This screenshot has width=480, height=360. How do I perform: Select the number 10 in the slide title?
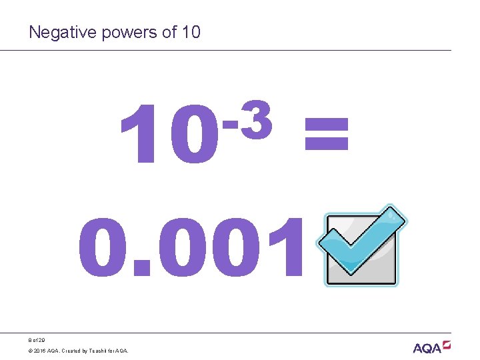(190, 31)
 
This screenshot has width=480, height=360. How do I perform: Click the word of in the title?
(169, 31)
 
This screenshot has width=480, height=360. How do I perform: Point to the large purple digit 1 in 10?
(138, 137)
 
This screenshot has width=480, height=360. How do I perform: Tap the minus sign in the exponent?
(230, 123)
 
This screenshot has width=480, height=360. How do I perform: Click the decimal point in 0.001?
(141, 270)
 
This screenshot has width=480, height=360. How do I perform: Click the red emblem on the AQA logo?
(446, 344)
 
